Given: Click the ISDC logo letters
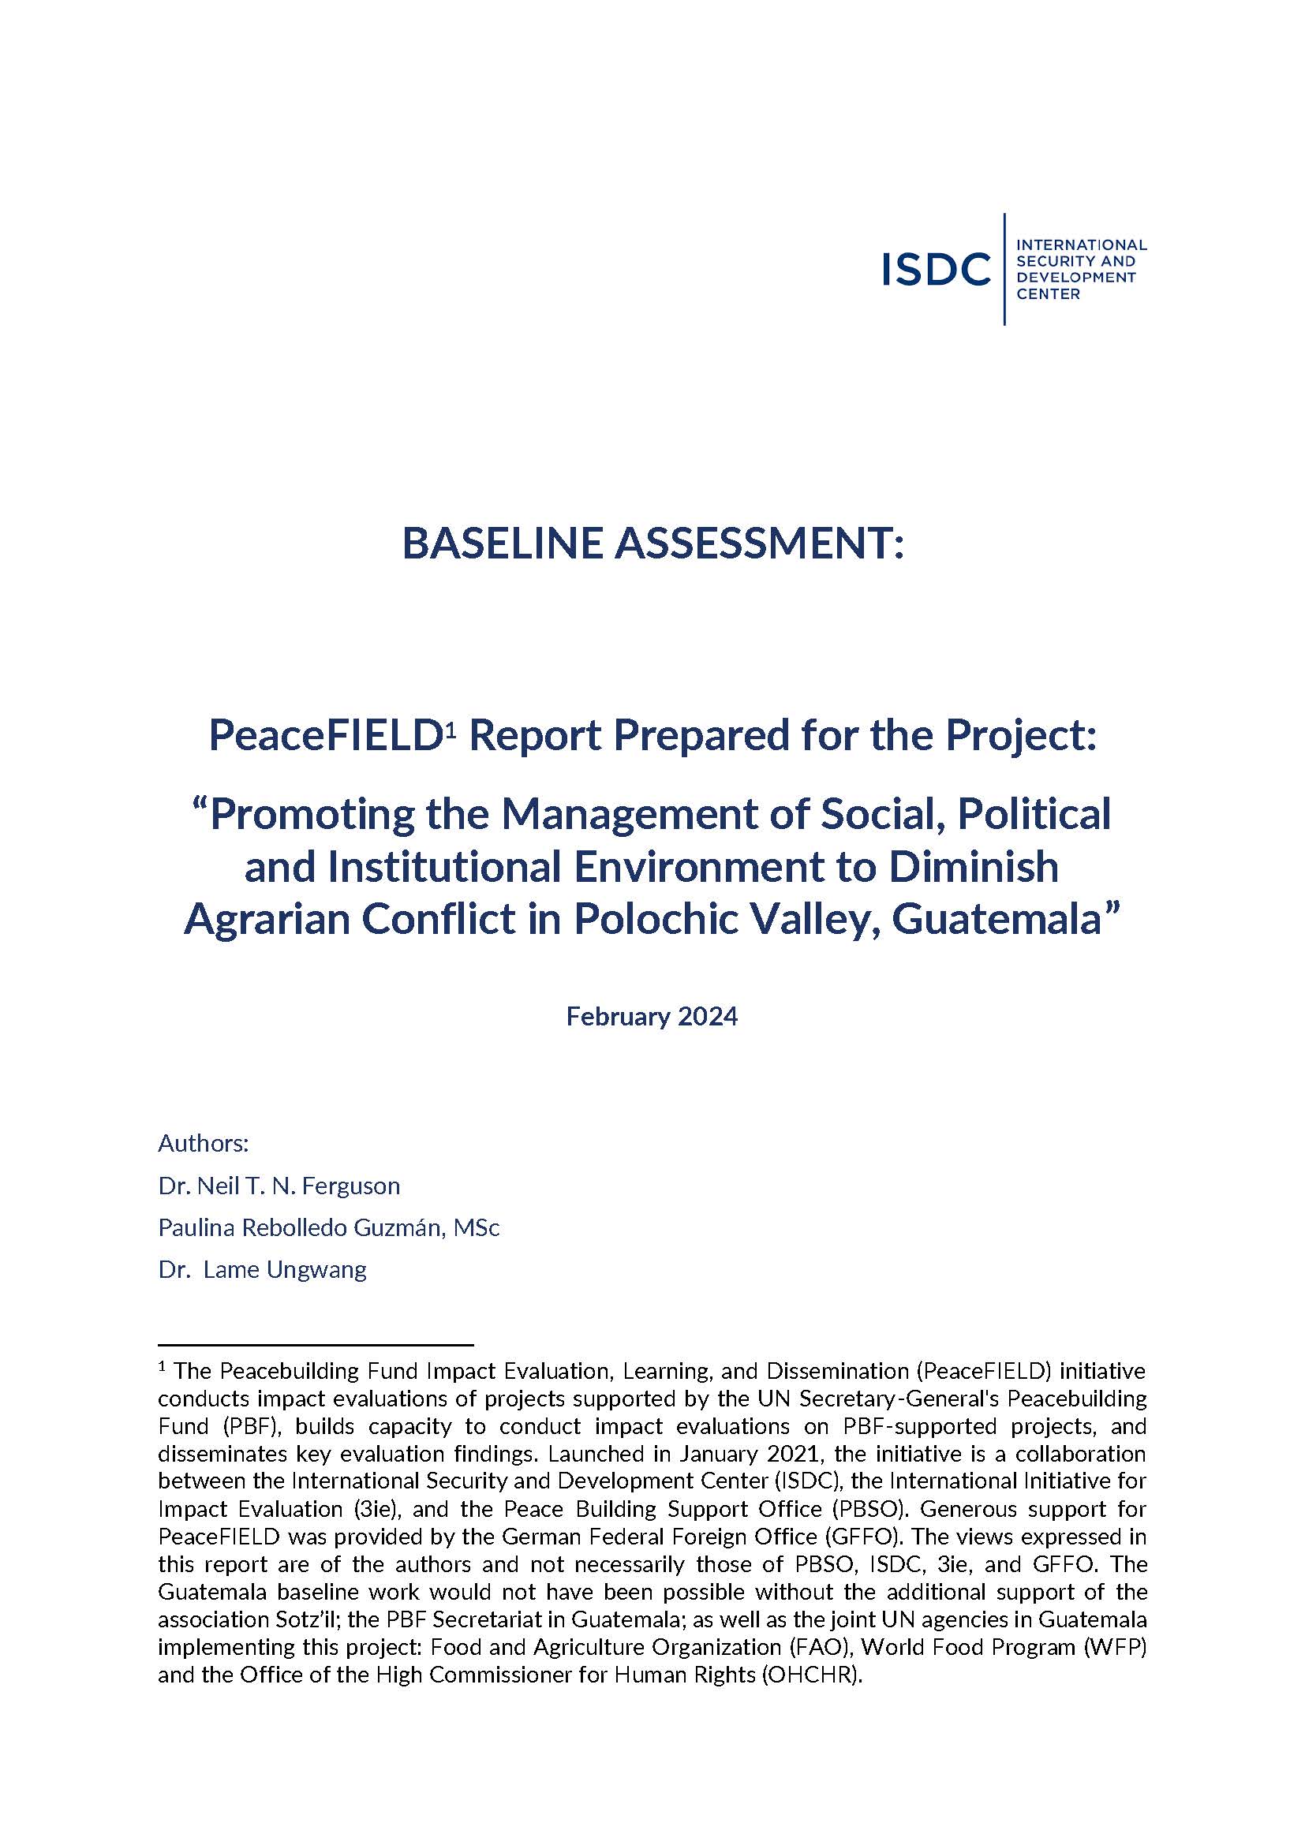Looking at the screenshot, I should [936, 269].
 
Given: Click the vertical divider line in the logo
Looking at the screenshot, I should [1004, 269].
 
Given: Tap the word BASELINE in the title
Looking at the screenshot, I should [502, 543].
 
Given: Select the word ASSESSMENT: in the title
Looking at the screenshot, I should [758, 543].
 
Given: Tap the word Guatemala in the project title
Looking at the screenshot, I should [995, 918].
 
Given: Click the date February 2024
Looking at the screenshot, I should [652, 1017].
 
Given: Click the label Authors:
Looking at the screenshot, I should [204, 1143].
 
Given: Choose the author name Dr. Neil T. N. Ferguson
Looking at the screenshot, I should [279, 1186].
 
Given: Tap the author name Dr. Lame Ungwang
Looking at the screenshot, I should [263, 1270].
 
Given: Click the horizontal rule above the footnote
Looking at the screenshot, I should [315, 1344].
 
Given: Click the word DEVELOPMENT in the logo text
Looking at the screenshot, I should [1076, 277].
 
